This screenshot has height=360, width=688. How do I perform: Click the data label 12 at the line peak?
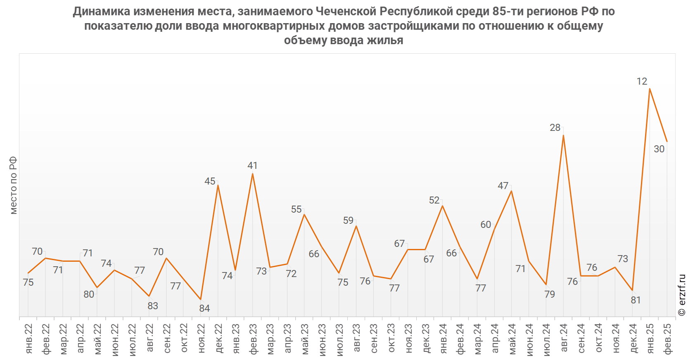pyautogui.click(x=642, y=81)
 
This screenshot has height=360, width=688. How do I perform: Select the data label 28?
pyautogui.click(x=555, y=128)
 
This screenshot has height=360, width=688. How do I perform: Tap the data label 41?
pyautogui.click(x=252, y=166)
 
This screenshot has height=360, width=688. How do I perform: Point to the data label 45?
pyautogui.click(x=210, y=181)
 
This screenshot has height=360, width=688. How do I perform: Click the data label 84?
pyautogui.click(x=204, y=308)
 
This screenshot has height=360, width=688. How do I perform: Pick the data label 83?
pyautogui.click(x=153, y=306)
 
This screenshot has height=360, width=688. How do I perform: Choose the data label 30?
pyautogui.click(x=659, y=149)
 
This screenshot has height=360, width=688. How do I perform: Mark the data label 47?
pyautogui.click(x=503, y=186)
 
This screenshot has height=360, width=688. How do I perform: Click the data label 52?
pyautogui.click(x=434, y=200)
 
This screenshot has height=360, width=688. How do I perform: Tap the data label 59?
pyautogui.click(x=348, y=220)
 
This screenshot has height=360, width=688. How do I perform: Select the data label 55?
pyautogui.click(x=296, y=209)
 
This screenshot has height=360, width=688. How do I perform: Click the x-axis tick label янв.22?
pyautogui.click(x=28, y=339)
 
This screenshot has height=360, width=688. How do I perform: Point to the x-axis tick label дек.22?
pyautogui.click(x=219, y=339)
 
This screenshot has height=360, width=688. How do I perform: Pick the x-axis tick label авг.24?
pyautogui.click(x=564, y=339)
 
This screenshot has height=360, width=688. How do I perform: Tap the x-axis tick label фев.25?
pyautogui.click(x=668, y=339)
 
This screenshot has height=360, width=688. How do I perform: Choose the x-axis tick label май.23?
pyautogui.click(x=305, y=339)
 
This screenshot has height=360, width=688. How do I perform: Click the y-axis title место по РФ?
pyautogui.click(x=13, y=185)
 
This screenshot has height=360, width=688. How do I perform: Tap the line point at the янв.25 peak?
pyautogui.click(x=650, y=89)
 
